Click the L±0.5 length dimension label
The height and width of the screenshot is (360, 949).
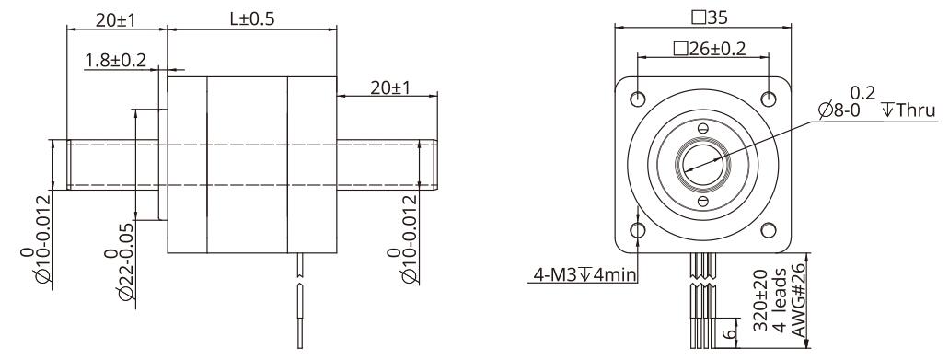click(x=252, y=18)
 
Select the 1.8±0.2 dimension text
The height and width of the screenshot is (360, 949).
click(x=116, y=61)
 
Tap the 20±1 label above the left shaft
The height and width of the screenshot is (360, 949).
click(x=116, y=19)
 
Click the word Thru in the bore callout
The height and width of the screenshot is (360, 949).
click(x=916, y=110)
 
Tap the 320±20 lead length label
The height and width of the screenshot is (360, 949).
click(x=761, y=300)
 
